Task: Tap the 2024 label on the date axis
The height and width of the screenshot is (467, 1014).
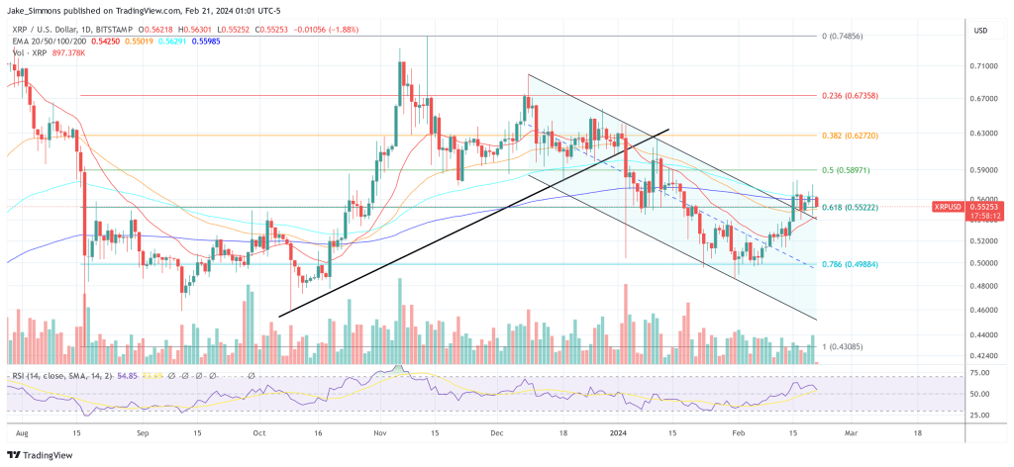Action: coord(620,433)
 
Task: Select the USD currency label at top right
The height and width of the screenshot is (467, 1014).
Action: coord(981,31)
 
